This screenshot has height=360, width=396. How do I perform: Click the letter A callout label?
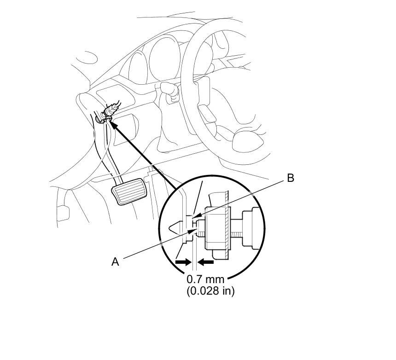pos(115,262)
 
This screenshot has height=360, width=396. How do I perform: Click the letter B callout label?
pos(291,178)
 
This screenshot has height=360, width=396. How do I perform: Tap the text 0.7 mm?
pos(205,279)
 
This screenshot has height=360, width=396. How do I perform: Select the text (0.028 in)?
pos(210,291)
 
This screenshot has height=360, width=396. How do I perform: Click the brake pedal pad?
pos(129,192)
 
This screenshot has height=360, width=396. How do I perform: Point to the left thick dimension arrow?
pos(183,262)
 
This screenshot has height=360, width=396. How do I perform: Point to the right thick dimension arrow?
pos(205,262)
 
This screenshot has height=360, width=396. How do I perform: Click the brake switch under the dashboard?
pos(110,113)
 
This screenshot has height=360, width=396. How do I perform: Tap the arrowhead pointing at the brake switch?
pos(113,124)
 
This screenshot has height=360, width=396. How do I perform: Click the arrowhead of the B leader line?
pos(195,216)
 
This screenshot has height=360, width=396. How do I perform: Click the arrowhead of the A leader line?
pos(194,230)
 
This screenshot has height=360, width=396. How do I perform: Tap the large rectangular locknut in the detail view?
pos(216,228)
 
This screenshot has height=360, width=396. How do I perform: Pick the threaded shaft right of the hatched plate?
pos(237,228)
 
